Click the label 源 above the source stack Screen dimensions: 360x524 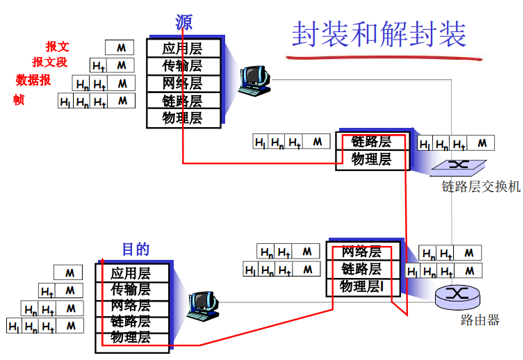click(x=184, y=22)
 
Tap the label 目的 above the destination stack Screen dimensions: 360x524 click(x=136, y=249)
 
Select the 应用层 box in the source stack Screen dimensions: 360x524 click(x=183, y=49)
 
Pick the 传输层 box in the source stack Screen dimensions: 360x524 click(x=183, y=66)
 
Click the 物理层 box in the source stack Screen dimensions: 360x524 click(x=183, y=118)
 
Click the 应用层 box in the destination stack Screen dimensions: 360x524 click(x=131, y=273)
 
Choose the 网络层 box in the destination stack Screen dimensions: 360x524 click(x=131, y=306)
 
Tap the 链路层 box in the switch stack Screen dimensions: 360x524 click(x=372, y=142)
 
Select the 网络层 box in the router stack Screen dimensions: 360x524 click(x=361, y=252)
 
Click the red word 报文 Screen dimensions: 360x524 click(x=58, y=47)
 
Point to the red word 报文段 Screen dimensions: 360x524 click(x=50, y=63)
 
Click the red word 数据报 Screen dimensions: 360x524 click(x=33, y=80)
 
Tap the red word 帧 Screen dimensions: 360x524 click(x=19, y=100)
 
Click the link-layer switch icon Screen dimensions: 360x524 click(x=457, y=166)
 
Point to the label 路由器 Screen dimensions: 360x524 click(x=480, y=320)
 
